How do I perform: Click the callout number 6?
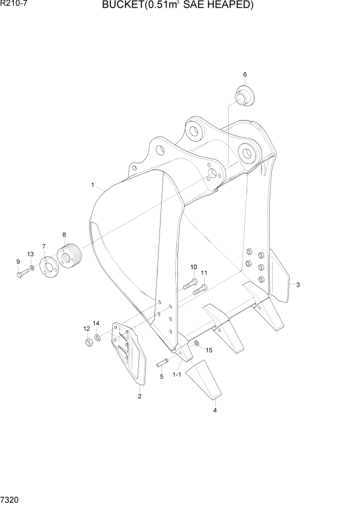245,74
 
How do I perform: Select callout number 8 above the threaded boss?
64,234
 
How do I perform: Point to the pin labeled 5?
163,364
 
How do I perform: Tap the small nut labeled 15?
197,343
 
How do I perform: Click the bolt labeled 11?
199,289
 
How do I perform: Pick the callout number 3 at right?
298,284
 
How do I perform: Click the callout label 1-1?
177,375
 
